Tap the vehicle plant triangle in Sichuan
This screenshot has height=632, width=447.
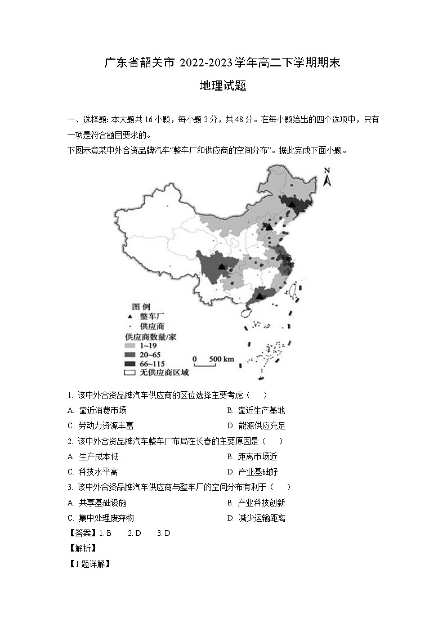click(222, 265)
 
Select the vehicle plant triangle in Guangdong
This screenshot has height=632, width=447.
click(260, 295)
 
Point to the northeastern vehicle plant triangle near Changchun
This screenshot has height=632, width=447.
click(292, 205)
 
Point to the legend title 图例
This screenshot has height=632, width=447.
click(141, 307)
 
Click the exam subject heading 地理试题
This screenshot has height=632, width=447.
click(223, 86)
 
